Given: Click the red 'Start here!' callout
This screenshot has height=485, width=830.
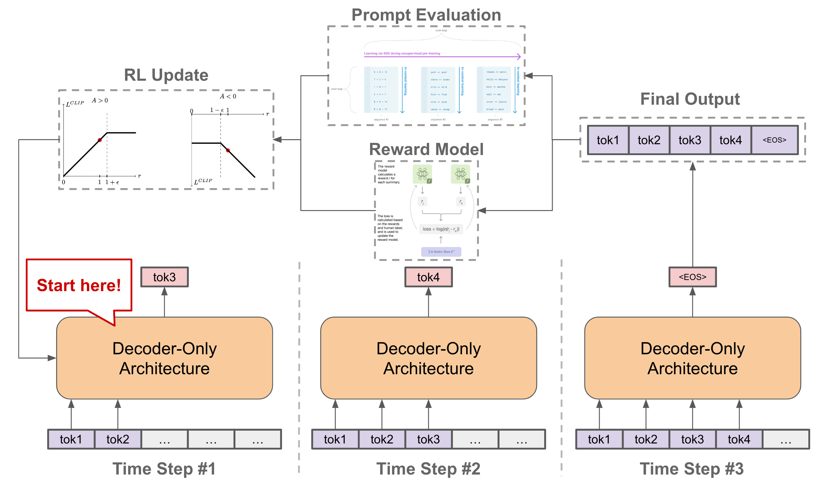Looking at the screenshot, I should coord(79,285).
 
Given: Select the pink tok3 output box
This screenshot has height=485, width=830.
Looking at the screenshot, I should coord(164,277).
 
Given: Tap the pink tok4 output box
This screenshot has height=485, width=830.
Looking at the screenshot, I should coord(428,277).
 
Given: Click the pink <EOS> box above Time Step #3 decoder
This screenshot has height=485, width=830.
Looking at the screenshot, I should coord(692,277).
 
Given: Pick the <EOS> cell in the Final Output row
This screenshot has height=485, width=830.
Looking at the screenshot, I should coord(774,140).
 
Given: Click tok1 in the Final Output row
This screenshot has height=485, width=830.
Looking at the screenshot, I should coord(608,140).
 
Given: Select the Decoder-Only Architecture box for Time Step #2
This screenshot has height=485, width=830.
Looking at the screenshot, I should coord(428,358).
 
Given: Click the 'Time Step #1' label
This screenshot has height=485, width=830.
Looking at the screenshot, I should coord(164,469).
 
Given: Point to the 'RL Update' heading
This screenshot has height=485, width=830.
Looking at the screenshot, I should coord(166,75).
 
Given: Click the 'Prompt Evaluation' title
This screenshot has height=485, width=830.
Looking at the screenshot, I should coord(426,15).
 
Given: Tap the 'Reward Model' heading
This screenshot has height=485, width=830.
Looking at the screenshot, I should coord(426,149).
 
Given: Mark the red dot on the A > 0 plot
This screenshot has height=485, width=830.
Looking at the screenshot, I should coord(100,140).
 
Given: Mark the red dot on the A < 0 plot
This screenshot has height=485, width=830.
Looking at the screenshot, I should coord(228,150).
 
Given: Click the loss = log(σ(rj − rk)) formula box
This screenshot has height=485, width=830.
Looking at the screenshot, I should coord(441,229).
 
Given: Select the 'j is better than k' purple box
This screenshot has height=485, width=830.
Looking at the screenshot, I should coord(441,252).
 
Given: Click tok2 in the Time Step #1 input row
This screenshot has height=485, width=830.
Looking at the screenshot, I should coord(118,439).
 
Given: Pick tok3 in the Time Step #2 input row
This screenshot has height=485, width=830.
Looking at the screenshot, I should coord(428,439).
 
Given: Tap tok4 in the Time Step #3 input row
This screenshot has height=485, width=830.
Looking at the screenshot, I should coord(739,439).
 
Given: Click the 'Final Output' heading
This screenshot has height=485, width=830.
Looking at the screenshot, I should coord(690,99).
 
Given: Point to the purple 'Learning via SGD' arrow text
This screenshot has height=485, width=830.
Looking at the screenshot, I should coord(402,53).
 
